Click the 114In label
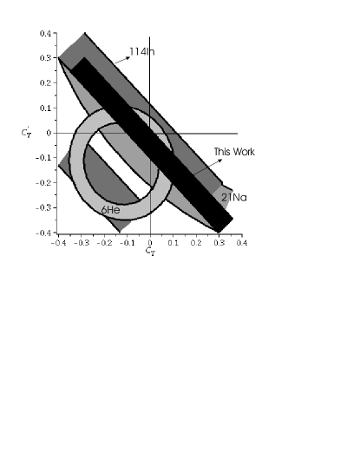click(x=142, y=52)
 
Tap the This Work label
click(x=234, y=152)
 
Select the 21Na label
click(x=234, y=197)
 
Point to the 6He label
click(x=110, y=210)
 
